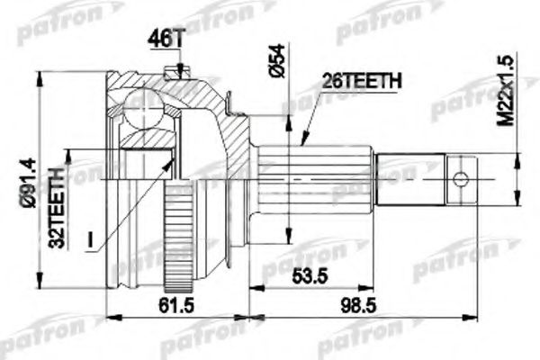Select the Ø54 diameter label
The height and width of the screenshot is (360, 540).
pos(277,60)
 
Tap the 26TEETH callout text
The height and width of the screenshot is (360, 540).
pos(362,81)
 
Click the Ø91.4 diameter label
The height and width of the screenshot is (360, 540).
pos(28,183)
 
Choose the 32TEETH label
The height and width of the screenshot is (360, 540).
pos(57,208)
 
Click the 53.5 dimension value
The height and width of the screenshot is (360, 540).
pos(310,276)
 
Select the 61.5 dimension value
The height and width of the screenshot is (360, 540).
pos(176,305)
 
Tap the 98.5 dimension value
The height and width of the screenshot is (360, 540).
pos(359,305)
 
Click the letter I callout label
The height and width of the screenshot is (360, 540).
pos(90,239)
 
